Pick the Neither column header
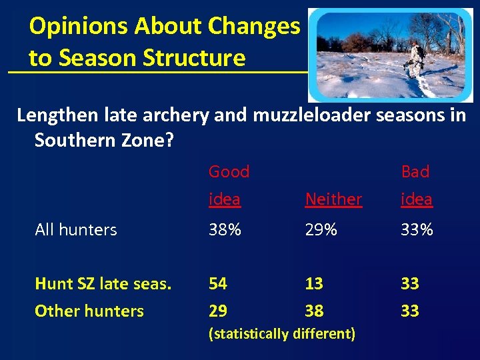pyautogui.click(x=333, y=199)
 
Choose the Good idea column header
pyautogui.click(x=229, y=185)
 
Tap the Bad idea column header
pyautogui.click(x=416, y=185)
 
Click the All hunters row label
pyautogui.click(x=76, y=229)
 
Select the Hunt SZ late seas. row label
pyautogui.click(x=103, y=283)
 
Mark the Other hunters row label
pyautogui.click(x=89, y=311)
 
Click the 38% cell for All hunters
pyautogui.click(x=225, y=229)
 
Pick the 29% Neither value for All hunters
pyautogui.click(x=321, y=229)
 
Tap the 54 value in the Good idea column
pyautogui.click(x=218, y=283)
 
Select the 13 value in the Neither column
pyautogui.click(x=314, y=283)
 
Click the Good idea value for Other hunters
pyautogui.click(x=218, y=311)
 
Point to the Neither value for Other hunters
pyautogui.click(x=314, y=311)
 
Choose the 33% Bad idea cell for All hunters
pyautogui.click(x=417, y=229)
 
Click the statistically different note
pyautogui.click(x=282, y=333)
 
